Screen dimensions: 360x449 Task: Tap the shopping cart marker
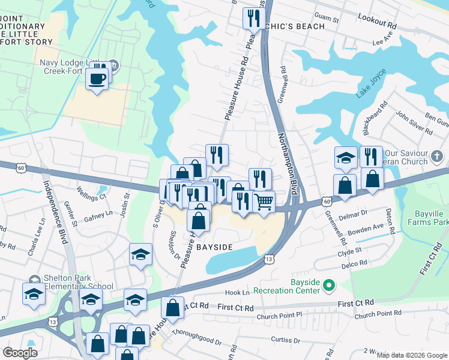pyautogui.click(x=264, y=202)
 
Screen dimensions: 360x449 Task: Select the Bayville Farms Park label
pyautogui.click(x=432, y=218)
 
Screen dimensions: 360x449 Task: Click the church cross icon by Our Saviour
pyautogui.click(x=438, y=156)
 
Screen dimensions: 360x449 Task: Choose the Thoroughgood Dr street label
pyautogui.click(x=196, y=336)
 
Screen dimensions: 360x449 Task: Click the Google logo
pyautogui.click(x=20, y=352)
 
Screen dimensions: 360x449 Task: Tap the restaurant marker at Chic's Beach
pyautogui.click(x=251, y=18)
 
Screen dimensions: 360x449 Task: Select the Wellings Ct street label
pyautogui.click(x=91, y=195)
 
